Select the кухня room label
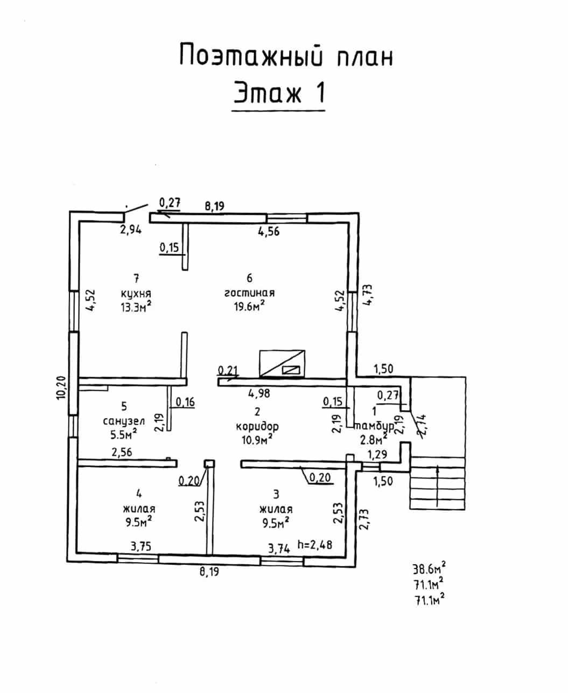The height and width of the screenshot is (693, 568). click(136, 293)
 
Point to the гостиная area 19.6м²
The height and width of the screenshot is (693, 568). click(249, 307)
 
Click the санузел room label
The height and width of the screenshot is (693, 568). click(124, 421)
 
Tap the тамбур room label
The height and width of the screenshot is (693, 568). click(374, 426)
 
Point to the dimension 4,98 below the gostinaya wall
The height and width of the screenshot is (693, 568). click(259, 393)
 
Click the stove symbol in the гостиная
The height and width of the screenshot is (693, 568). click(282, 363)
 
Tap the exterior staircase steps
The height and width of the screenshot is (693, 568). click(437, 483)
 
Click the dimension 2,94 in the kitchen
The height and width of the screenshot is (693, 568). click(131, 230)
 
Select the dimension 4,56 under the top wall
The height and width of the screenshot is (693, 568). click(269, 231)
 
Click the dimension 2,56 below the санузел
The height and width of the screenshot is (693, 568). click(122, 452)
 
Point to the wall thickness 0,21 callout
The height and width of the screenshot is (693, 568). click(228, 370)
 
